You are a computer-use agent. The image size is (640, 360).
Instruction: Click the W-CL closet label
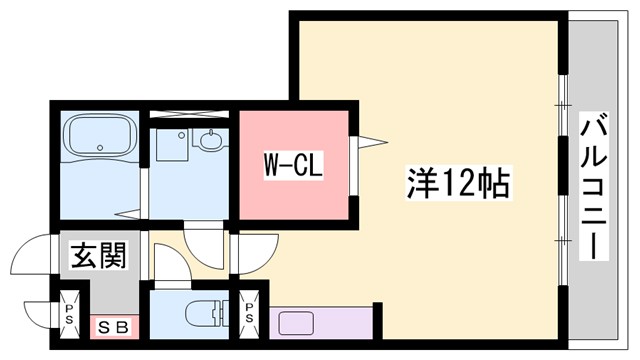pos(292,165)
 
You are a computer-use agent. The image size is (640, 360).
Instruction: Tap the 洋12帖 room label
pos(458,183)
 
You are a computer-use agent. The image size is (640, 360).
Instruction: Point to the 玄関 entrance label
pos(97,256)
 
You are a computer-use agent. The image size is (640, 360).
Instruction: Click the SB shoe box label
pos(112,326)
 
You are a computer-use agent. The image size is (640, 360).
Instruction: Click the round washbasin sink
pos(211,141)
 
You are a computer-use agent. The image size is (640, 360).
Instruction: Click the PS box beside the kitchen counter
pos(249,309)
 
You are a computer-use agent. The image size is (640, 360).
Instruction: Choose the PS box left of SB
pos(70,309)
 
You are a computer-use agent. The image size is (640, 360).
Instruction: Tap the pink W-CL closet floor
pos(292,195)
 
